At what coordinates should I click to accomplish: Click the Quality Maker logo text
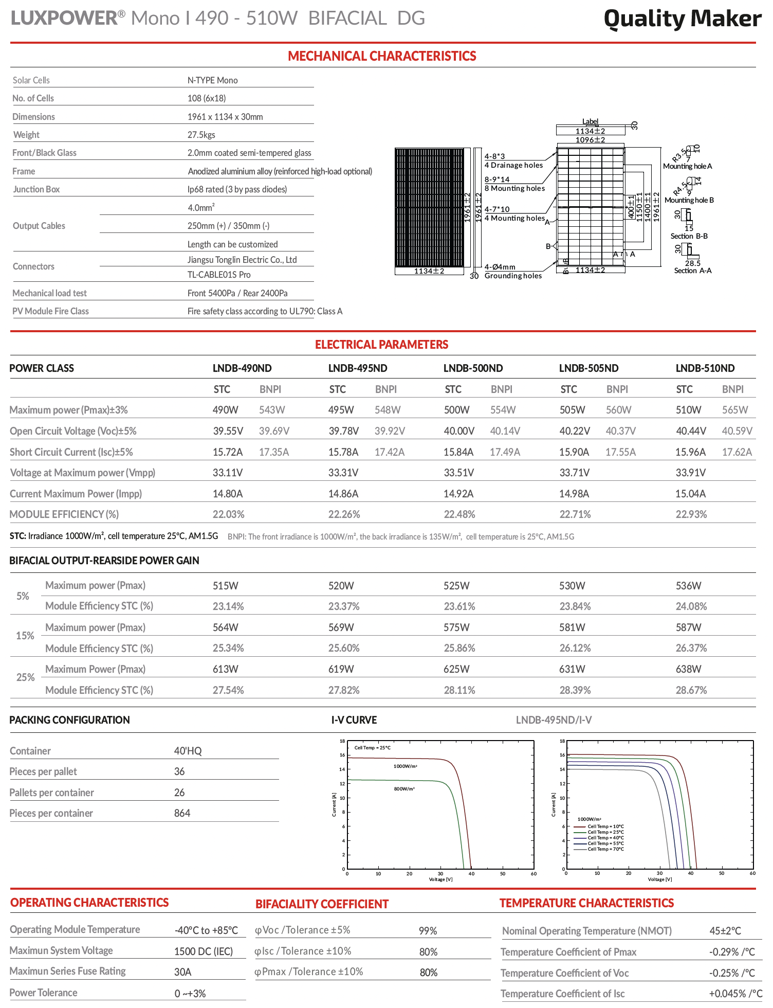pyautogui.click(x=682, y=19)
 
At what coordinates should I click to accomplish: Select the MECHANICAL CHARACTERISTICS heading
pyautogui.click(x=382, y=56)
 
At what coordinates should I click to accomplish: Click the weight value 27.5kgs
pyautogui.click(x=201, y=135)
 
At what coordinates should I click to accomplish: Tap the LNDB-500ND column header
pyautogui.click(x=473, y=368)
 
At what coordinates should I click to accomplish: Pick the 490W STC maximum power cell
pyautogui.click(x=226, y=410)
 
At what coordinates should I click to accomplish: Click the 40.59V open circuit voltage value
pyautogui.click(x=737, y=431)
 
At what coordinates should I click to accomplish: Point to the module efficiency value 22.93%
pyautogui.click(x=691, y=514)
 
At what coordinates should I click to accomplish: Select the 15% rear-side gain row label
pyautogui.click(x=25, y=636)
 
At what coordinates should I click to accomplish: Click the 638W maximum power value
pyautogui.click(x=688, y=669)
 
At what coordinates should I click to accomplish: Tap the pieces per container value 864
pyautogui.click(x=182, y=813)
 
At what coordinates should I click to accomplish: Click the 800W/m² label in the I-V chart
pyautogui.click(x=404, y=789)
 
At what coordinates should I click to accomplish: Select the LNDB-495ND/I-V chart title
pyautogui.click(x=554, y=720)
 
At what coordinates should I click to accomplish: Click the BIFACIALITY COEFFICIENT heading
pyautogui.click(x=322, y=904)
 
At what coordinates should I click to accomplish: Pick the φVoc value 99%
pyautogui.click(x=428, y=931)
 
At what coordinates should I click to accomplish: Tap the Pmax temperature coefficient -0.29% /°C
pyautogui.click(x=732, y=952)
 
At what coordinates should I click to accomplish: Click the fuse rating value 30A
pyautogui.click(x=182, y=971)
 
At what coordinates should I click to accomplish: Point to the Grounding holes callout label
pyautogui.click(x=513, y=276)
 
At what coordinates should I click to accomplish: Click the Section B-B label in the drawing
pyautogui.click(x=689, y=236)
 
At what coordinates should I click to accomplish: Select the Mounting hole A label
pyautogui.click(x=687, y=166)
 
